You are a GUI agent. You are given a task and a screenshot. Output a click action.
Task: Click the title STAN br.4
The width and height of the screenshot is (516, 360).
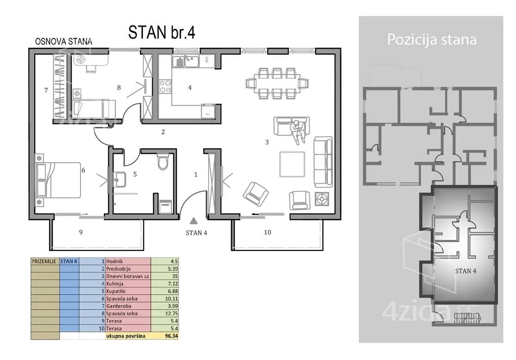(161, 32)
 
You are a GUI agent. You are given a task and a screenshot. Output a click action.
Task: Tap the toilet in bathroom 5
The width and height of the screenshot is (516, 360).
(163, 161)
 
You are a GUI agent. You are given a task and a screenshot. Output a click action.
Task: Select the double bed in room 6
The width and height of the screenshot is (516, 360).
(58, 180)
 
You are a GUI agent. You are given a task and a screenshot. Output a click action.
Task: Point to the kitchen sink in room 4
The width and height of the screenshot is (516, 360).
(185, 61)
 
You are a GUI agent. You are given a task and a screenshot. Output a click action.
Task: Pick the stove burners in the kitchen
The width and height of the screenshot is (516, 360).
(165, 86)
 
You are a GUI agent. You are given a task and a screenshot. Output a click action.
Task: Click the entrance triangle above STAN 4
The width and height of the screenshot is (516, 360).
(194, 221)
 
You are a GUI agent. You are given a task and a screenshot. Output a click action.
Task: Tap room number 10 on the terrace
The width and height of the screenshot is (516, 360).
(267, 232)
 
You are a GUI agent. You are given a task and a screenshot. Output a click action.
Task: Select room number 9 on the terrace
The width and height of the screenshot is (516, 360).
(81, 232)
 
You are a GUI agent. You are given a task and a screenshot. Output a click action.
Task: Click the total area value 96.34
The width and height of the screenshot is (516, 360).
(172, 336)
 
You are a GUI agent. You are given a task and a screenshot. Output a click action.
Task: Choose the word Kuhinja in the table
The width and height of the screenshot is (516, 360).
(115, 284)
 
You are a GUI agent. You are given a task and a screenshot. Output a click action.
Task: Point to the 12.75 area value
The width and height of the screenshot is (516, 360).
(172, 314)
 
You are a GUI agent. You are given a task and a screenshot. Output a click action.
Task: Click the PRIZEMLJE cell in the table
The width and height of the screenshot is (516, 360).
(44, 262)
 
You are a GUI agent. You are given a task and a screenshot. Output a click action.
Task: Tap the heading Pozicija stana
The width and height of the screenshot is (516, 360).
(432, 39)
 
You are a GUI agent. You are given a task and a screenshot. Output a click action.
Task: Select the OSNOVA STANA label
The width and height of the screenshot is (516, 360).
(63, 42)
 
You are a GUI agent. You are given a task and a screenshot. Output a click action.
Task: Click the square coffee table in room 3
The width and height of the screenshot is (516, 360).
(292, 164)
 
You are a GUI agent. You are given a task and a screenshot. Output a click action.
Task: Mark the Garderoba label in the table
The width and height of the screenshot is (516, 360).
(118, 306)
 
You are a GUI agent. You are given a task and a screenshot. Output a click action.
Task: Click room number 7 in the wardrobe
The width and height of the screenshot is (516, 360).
(46, 90)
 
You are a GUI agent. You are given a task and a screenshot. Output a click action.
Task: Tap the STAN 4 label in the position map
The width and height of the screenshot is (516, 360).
(466, 271)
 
